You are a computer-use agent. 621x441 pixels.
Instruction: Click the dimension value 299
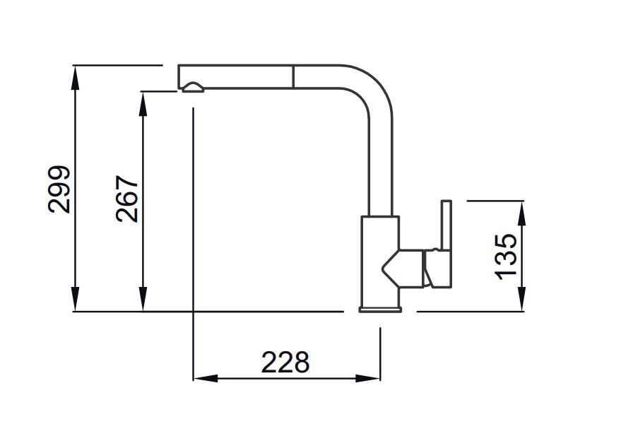(x=59, y=189)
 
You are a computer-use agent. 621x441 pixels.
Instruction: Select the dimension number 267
(x=127, y=199)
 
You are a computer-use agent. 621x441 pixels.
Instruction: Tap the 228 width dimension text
(x=285, y=362)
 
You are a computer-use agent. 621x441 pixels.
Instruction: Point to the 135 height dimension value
(x=506, y=257)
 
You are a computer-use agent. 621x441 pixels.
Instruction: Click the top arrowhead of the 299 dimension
(x=74, y=77)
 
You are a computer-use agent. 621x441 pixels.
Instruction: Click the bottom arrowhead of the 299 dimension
(x=74, y=299)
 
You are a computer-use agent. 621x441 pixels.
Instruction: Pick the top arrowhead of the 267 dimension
(x=143, y=104)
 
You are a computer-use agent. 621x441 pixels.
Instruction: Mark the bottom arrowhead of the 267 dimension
(x=143, y=299)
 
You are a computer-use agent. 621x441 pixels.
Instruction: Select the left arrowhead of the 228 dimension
(x=206, y=378)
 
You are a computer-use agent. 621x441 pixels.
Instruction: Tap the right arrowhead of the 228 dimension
(x=368, y=378)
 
